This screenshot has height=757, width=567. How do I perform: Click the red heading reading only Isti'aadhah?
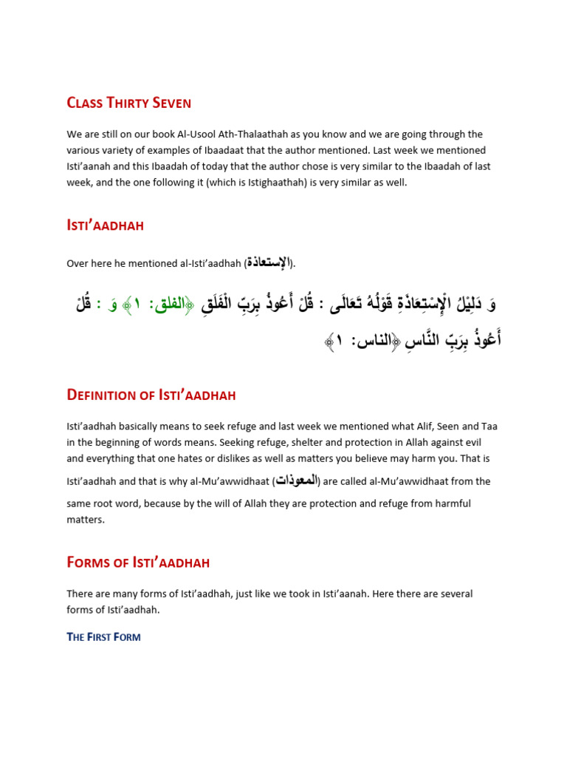(x=105, y=226)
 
